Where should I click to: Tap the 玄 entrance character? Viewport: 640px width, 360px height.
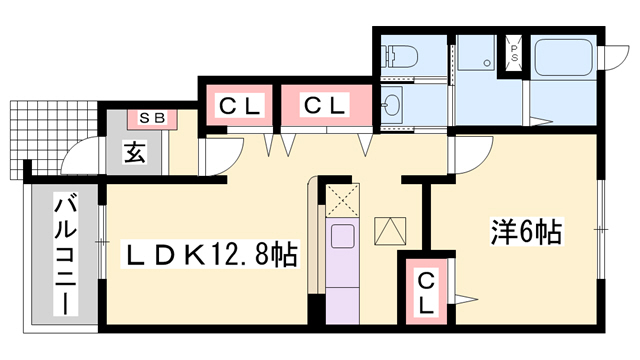point(134,153)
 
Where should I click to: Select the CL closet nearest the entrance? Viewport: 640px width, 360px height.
point(239,105)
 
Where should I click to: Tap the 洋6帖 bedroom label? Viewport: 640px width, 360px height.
point(526,233)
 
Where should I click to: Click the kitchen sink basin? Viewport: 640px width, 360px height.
point(343,239)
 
